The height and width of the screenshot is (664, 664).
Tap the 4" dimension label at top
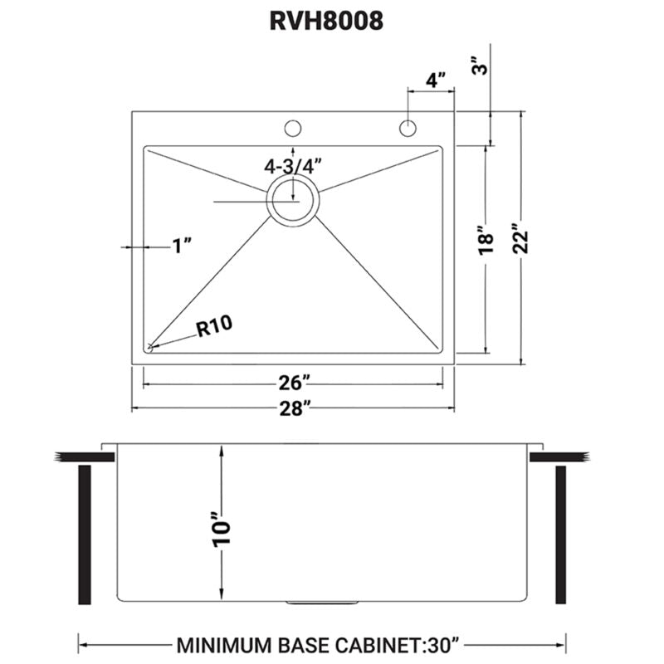pyautogui.click(x=435, y=80)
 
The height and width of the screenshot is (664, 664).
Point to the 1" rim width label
pyautogui.click(x=183, y=246)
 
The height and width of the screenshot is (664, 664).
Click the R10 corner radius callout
pyautogui.click(x=212, y=328)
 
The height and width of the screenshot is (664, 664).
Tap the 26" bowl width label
pyautogui.click(x=295, y=383)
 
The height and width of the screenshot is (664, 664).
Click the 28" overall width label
pyautogui.click(x=295, y=408)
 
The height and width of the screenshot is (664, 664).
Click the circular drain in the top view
pyautogui.click(x=292, y=200)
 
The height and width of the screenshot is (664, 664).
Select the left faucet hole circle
pyautogui.click(x=292, y=129)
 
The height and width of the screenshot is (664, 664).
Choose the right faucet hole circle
pyautogui.click(x=408, y=129)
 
